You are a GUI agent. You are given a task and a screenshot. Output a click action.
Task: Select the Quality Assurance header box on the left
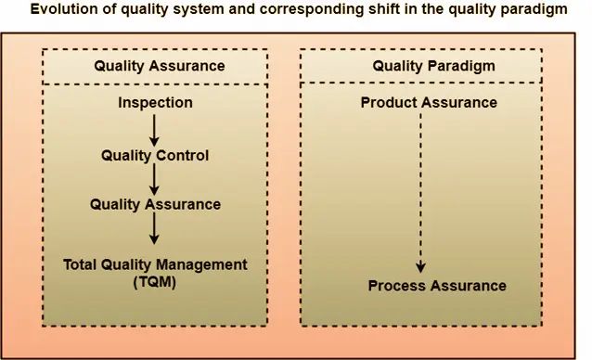coord(160,66)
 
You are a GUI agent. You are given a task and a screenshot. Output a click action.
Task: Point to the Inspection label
coord(155,102)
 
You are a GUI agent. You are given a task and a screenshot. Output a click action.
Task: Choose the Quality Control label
coord(155,155)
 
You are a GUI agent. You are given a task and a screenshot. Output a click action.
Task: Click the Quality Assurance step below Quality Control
coord(155,204)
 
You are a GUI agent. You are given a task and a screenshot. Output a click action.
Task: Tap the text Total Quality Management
coord(155,264)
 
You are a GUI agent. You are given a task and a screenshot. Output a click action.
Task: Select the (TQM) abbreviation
coord(155,281)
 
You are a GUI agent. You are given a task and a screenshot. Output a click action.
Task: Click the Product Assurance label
coord(429,102)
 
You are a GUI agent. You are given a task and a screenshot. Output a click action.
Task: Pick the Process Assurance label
coord(437,285)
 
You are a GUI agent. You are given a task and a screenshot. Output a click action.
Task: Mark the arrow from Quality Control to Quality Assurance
coord(155,179)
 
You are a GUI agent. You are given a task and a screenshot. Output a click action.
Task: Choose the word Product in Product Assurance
coord(391,102)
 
